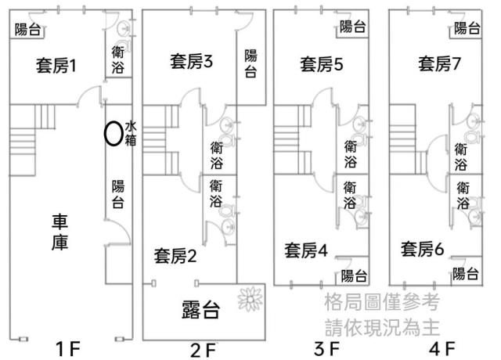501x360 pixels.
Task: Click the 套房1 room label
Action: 56,66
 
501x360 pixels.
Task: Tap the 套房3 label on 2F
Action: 191,62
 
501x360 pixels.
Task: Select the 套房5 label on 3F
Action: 322,64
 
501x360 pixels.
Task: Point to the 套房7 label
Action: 439,63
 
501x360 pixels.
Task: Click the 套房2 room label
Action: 175,256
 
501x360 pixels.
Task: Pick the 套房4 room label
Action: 306,250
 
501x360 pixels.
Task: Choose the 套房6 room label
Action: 423,249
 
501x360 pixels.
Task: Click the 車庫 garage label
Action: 59,232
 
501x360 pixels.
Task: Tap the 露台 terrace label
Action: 200,310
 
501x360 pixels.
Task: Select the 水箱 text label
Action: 131,134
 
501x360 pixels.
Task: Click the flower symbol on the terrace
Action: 250,299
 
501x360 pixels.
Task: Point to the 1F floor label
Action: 68,348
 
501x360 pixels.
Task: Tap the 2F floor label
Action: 203,350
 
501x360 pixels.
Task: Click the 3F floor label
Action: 326,348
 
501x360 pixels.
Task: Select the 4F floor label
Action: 442,348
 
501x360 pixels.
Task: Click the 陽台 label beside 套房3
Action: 250,63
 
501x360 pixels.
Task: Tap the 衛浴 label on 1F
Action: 118,59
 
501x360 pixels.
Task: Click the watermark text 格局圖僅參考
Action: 382,302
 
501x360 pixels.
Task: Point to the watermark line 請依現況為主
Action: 382,327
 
